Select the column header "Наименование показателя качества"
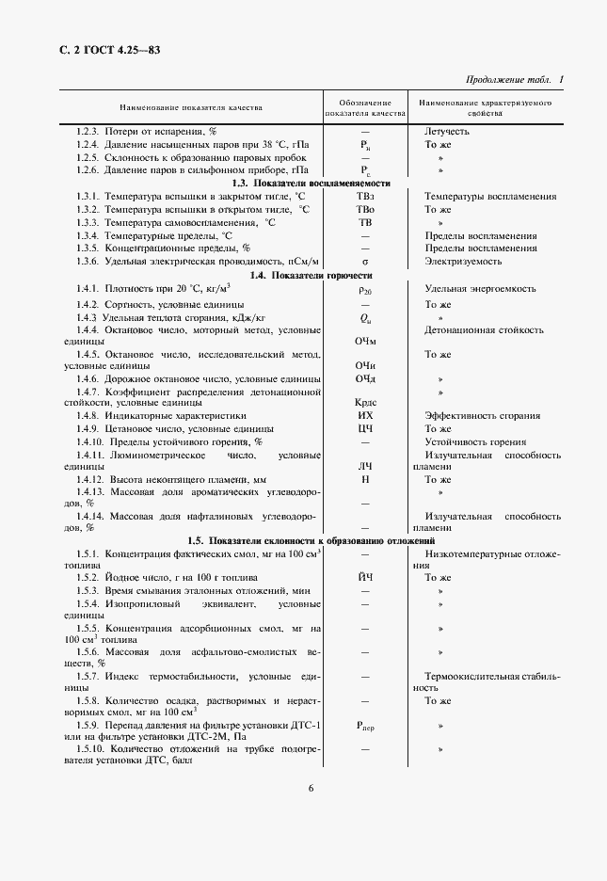coord(190,107)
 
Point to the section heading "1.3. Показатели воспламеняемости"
coord(311,183)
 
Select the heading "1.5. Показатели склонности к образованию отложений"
coord(311,541)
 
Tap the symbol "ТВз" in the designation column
coord(365,196)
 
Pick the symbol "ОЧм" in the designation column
coord(365,342)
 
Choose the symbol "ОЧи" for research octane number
coord(365,365)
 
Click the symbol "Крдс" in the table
coord(365,402)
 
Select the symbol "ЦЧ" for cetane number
coord(365,428)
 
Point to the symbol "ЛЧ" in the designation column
coord(365,466)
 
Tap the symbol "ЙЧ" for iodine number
coord(365,577)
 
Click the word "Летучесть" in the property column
coord(447,131)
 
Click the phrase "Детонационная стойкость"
coord(484,330)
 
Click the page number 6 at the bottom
coord(311,789)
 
